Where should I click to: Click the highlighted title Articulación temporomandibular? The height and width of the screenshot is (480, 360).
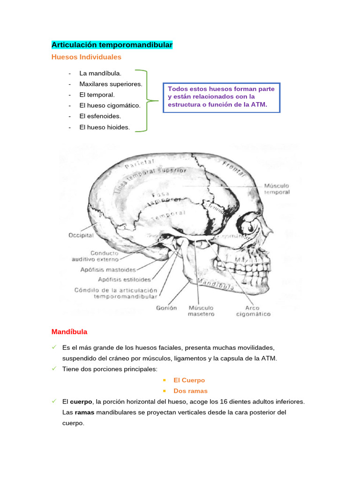click(x=112, y=45)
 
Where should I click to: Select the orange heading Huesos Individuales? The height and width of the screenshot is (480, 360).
click(x=86, y=57)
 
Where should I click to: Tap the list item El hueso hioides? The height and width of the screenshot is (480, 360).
click(x=105, y=127)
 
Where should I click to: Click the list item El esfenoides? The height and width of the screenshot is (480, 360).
click(x=100, y=116)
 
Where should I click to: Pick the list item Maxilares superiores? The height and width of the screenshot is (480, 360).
click(x=111, y=84)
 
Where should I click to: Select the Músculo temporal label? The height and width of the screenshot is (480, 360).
click(x=276, y=188)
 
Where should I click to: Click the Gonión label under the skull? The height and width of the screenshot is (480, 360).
click(x=166, y=308)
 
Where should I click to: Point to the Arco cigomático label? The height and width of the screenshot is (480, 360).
click(x=253, y=311)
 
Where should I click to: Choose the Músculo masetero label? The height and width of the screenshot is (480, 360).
click(x=201, y=311)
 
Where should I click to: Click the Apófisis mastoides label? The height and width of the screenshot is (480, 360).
click(x=108, y=270)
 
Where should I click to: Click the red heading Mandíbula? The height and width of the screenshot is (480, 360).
click(x=69, y=331)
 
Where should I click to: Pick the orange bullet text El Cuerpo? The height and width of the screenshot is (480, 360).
click(x=189, y=380)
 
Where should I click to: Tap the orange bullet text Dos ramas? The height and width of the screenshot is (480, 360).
click(x=190, y=390)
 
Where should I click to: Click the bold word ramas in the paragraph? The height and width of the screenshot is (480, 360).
click(x=85, y=412)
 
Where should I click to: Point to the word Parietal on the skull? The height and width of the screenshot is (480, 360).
click(x=139, y=162)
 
